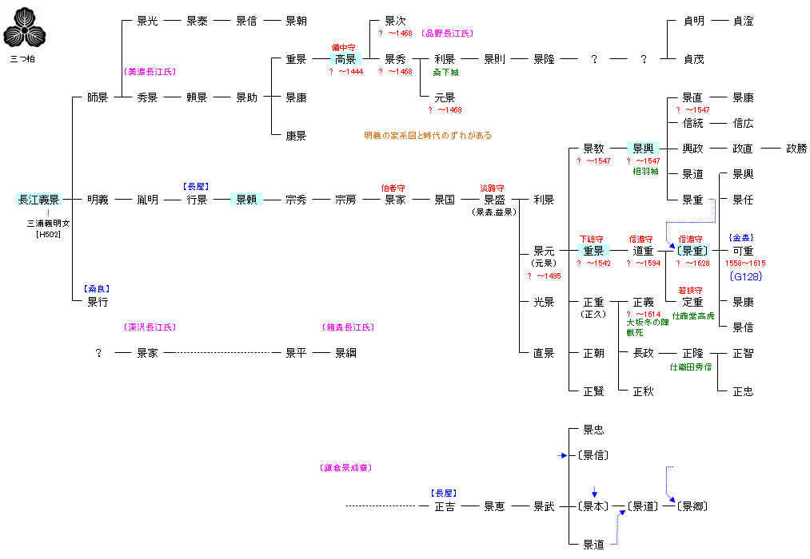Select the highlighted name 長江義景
tap(38, 200)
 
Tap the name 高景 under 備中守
tap(345, 59)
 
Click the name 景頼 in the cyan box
tap(246, 200)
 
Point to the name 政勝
tap(796, 149)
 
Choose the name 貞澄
tap(743, 21)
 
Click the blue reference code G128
tap(745, 276)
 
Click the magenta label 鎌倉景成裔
tap(345, 468)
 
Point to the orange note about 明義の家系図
tap(428, 136)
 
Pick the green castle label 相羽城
tap(644, 172)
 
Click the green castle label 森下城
tap(445, 72)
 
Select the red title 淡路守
tap(492, 188)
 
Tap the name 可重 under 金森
tap(743, 251)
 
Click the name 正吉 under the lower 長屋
tap(445, 506)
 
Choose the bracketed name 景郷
tap(692, 506)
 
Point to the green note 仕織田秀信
tap(691, 367)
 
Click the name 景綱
tap(345, 353)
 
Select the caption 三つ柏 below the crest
tap(22, 59)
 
